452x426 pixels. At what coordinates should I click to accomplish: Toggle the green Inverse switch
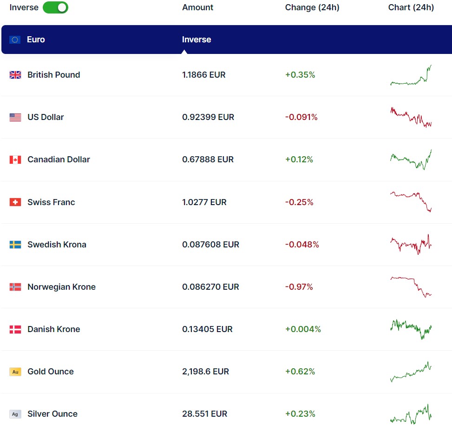[x=55, y=7]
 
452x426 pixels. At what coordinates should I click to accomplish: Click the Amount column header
[x=197, y=7]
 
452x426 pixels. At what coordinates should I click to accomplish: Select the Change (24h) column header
[x=312, y=7]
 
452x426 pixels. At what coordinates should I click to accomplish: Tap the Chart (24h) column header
[x=411, y=7]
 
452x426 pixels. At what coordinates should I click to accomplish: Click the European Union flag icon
[x=15, y=40]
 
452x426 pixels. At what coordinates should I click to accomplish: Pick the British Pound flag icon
[x=15, y=75]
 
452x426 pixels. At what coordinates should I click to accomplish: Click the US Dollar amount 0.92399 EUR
[x=208, y=117]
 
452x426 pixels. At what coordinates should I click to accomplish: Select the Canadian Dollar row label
[x=59, y=160]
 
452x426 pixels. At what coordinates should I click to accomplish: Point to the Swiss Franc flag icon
[x=15, y=202]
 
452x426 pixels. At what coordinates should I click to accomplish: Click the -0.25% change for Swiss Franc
[x=299, y=202]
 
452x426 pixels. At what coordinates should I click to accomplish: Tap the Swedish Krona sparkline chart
[x=411, y=244]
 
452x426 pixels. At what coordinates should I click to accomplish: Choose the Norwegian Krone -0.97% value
[x=299, y=287]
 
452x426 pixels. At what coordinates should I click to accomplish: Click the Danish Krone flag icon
[x=15, y=329]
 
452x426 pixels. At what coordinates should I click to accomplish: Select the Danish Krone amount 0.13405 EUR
[x=207, y=329]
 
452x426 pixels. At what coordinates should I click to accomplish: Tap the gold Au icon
[x=15, y=372]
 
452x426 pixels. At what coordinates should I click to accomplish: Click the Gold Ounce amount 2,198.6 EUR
[x=206, y=372]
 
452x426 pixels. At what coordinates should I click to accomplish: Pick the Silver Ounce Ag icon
[x=15, y=414]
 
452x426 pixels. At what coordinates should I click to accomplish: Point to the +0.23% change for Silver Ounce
[x=300, y=414]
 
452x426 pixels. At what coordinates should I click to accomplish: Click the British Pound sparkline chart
[x=411, y=76]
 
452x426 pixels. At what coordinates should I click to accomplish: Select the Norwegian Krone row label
[x=61, y=287]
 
